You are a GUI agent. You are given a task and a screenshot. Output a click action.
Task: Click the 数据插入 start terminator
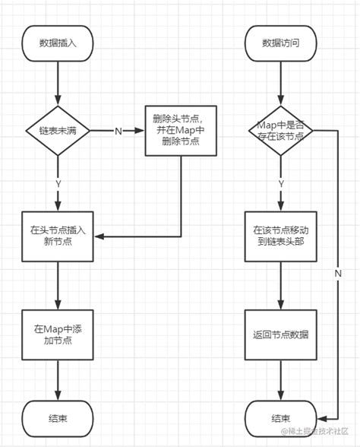click(x=58, y=43)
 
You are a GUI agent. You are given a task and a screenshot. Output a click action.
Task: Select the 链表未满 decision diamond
click(x=58, y=132)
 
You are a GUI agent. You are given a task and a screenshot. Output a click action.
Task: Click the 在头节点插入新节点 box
click(x=58, y=235)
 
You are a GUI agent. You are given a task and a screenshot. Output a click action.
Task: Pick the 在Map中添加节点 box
click(x=58, y=335)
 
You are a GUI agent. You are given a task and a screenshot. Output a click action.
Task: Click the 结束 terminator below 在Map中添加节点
click(x=58, y=418)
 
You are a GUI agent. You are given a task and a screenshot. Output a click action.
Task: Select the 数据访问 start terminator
click(x=280, y=43)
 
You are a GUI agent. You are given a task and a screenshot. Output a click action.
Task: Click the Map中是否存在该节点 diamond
click(x=280, y=132)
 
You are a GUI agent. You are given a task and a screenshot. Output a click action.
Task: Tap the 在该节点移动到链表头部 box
click(x=280, y=235)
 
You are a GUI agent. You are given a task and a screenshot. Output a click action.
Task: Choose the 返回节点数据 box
click(x=280, y=335)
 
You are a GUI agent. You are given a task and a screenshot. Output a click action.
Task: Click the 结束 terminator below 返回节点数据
click(x=280, y=418)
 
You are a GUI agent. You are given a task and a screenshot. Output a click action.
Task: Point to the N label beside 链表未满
click(x=118, y=132)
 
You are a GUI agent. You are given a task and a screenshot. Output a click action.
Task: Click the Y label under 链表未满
click(x=58, y=182)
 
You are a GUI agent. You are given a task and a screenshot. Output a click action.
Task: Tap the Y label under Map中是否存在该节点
click(x=280, y=182)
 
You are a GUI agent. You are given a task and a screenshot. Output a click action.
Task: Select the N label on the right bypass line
click(x=337, y=272)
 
